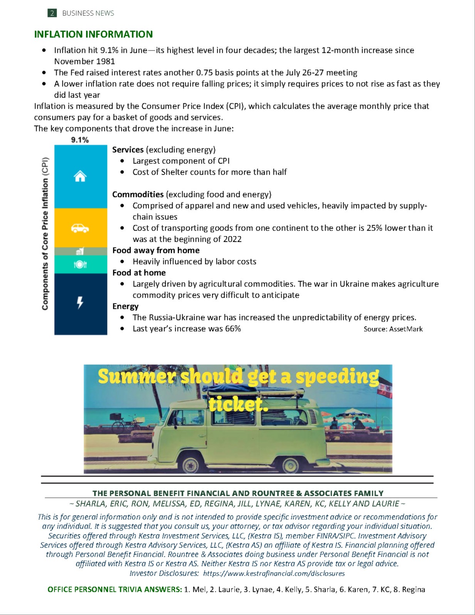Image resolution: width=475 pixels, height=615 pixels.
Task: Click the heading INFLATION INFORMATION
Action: pyautogui.click(x=93, y=34)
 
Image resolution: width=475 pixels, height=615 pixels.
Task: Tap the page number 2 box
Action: pyautogui.click(x=52, y=13)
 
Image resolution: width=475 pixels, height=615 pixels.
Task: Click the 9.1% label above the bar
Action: pyautogui.click(x=80, y=140)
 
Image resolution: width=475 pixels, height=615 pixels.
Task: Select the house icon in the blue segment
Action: pyautogui.click(x=80, y=177)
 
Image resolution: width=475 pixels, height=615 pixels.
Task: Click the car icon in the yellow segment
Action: pyautogui.click(x=80, y=228)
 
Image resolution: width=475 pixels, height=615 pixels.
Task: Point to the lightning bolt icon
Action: pyautogui.click(x=80, y=303)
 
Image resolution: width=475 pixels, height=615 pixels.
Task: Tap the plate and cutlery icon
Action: pyautogui.click(x=80, y=264)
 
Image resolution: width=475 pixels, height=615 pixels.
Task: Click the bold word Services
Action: pyautogui.click(x=128, y=150)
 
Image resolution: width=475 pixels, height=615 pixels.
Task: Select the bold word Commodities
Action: pyautogui.click(x=138, y=194)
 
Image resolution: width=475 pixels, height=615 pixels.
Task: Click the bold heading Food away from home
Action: pyautogui.click(x=156, y=250)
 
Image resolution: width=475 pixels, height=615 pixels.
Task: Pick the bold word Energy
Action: pyautogui.click(x=126, y=306)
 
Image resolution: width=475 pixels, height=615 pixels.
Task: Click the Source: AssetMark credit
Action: pyautogui.click(x=393, y=329)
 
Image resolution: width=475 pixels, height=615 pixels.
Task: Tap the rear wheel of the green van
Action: pyautogui.click(x=291, y=464)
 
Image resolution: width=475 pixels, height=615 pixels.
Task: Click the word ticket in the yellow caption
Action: pyautogui.click(x=238, y=404)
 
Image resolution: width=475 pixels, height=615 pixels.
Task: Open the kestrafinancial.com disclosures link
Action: pyautogui.click(x=274, y=573)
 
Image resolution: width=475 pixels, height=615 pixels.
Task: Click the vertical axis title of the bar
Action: pyautogui.click(x=45, y=233)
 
